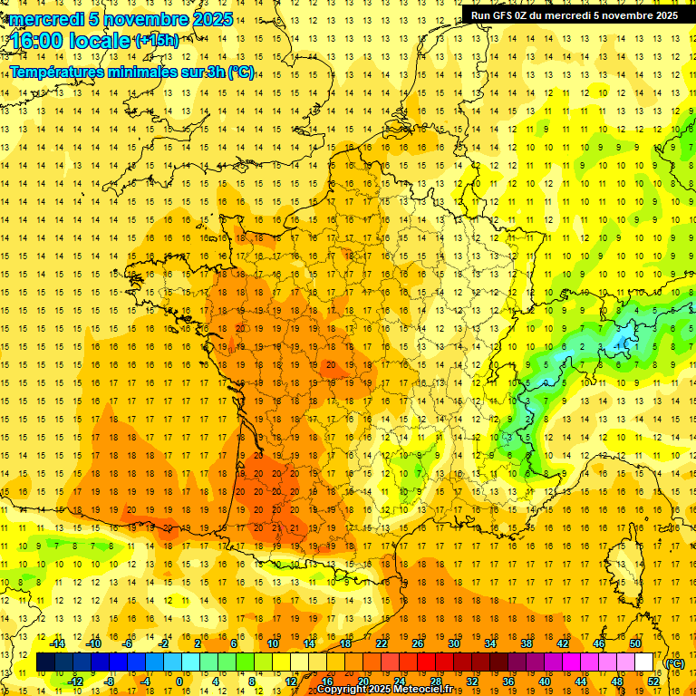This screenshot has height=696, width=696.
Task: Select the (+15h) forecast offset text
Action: point(156,40)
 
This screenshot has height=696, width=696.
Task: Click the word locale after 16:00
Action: point(103,41)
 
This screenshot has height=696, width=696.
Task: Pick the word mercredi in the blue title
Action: point(48,18)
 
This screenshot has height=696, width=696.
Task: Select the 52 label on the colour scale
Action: point(653,681)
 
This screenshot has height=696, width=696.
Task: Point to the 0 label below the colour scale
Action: point(180,681)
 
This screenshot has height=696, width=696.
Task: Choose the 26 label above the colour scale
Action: point(418,643)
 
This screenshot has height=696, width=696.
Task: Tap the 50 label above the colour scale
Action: point(635,643)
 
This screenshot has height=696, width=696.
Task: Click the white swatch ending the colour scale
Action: point(643,662)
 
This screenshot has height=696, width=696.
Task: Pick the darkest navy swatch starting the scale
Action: point(45,662)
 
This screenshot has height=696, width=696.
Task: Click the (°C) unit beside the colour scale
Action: point(674,662)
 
